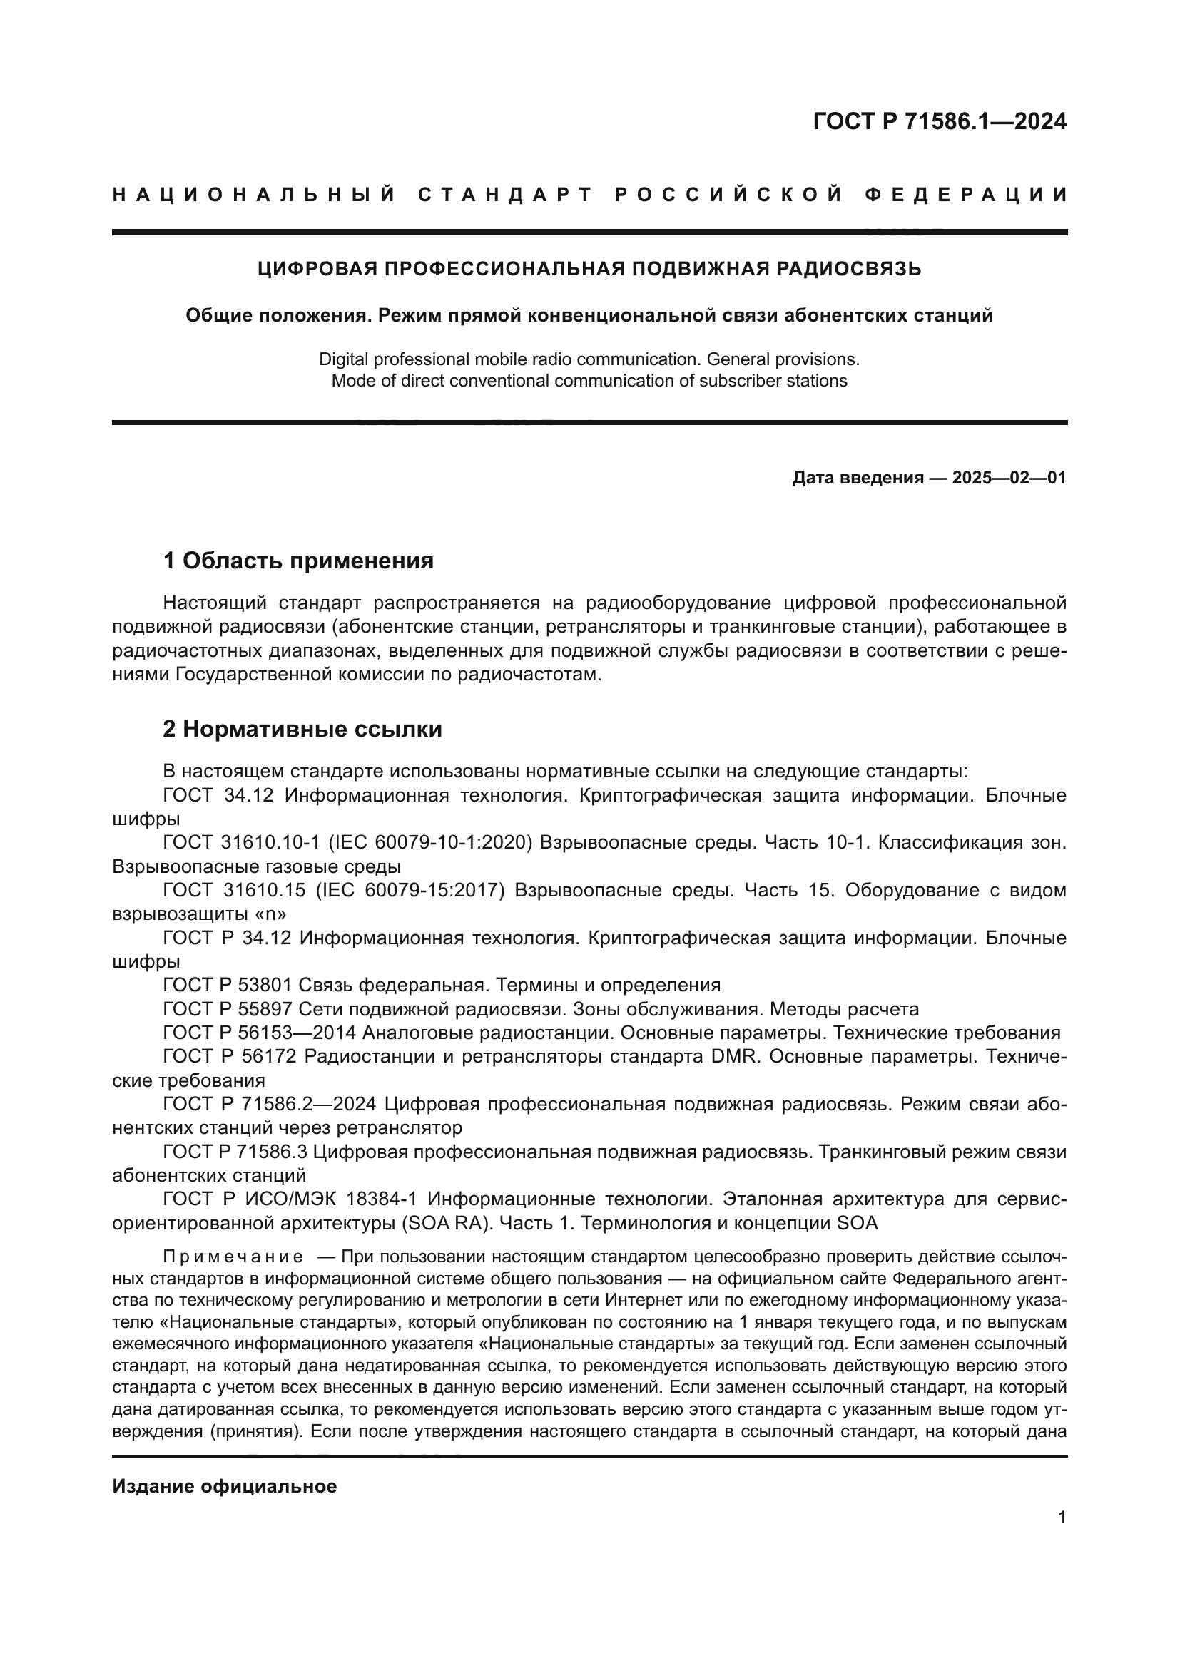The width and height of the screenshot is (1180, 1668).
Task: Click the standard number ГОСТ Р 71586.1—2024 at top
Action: click(939, 121)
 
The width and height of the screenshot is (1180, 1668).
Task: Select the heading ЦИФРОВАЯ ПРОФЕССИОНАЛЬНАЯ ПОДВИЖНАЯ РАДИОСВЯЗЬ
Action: click(589, 269)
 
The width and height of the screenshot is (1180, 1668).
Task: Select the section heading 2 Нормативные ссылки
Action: click(302, 729)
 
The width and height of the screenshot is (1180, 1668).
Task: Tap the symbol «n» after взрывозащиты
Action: click(271, 914)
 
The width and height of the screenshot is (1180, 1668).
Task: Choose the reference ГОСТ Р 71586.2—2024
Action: click(270, 1104)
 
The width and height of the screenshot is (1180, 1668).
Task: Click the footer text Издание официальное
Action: click(225, 1486)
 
